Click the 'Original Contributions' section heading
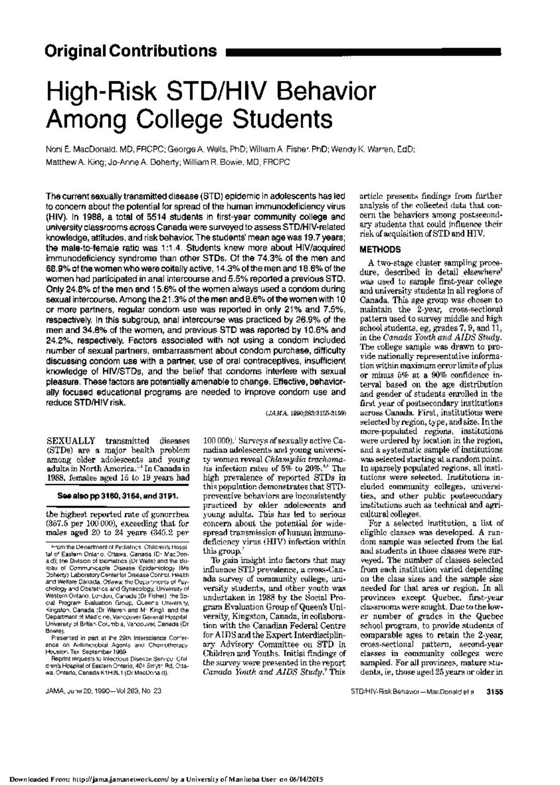click(131, 50)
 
